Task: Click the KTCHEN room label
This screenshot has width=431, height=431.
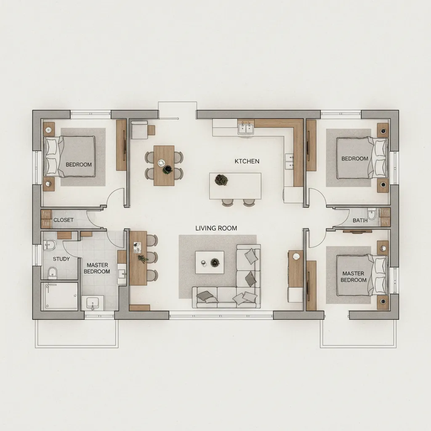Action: (x=247, y=161)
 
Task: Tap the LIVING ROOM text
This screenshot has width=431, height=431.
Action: (x=216, y=228)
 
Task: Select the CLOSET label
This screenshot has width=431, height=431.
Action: (x=63, y=220)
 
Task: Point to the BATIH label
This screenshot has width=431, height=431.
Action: (x=360, y=220)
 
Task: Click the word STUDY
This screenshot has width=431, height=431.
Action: (x=61, y=259)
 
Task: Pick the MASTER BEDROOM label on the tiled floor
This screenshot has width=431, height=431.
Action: (x=97, y=268)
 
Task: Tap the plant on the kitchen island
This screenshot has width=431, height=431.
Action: (x=221, y=180)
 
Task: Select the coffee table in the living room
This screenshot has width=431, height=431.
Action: (x=210, y=262)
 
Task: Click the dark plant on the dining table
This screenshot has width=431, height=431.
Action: (x=168, y=169)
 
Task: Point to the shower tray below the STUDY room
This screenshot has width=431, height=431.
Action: (x=59, y=296)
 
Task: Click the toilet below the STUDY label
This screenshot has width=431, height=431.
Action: (x=53, y=272)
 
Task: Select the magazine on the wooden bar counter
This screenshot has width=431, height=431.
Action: (x=137, y=247)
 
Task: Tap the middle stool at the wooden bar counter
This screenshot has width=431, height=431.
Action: (x=152, y=258)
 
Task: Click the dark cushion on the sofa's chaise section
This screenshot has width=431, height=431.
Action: (x=250, y=278)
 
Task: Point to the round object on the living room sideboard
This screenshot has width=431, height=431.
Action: (x=296, y=256)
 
